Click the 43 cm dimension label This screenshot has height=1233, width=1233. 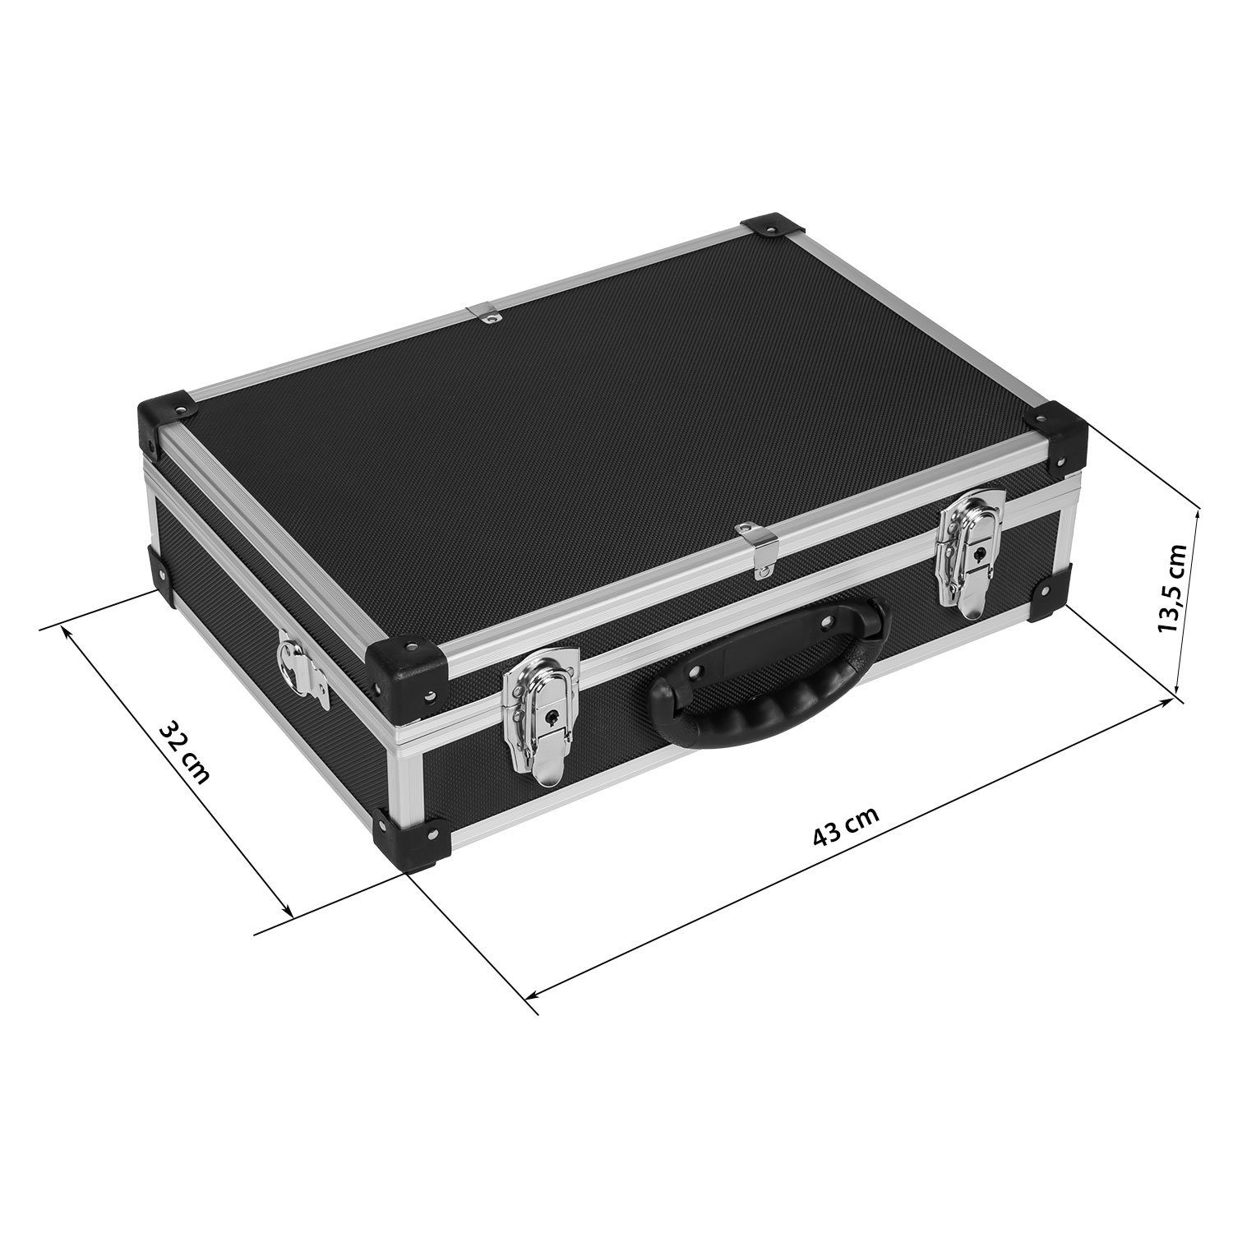click(845, 824)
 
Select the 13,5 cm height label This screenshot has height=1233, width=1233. click(1171, 587)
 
